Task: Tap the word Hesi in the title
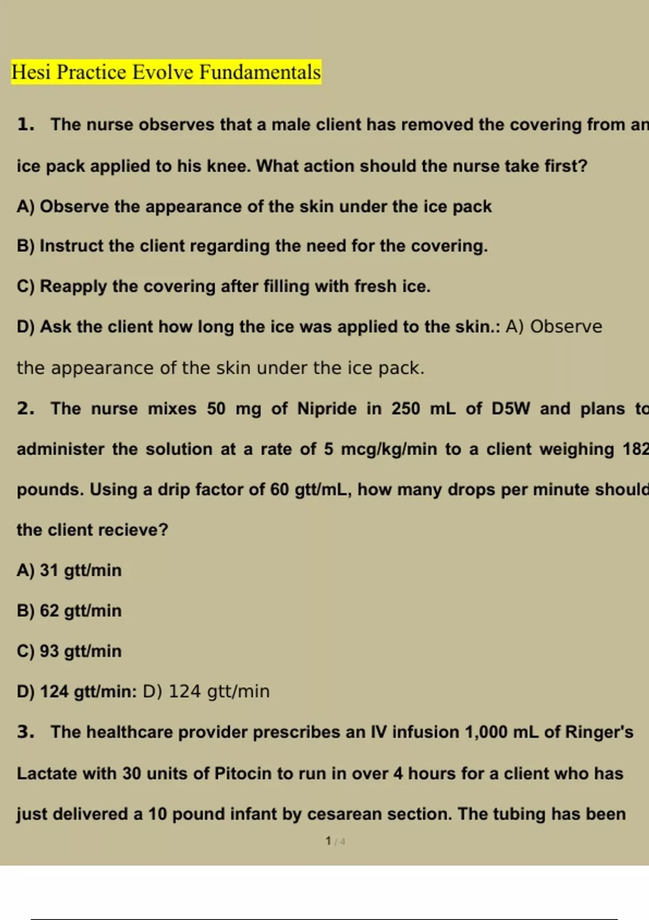[31, 73]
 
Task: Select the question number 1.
[25, 124]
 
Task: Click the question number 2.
[25, 409]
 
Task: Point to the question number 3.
[25, 732]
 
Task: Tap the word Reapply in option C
[73, 286]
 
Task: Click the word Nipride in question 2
[327, 409]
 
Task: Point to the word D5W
[511, 409]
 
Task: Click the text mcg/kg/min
[388, 449]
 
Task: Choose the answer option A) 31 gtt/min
[69, 570]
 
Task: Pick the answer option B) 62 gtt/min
[69, 611]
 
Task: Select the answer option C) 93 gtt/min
[69, 651]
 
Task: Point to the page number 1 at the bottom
[328, 841]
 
